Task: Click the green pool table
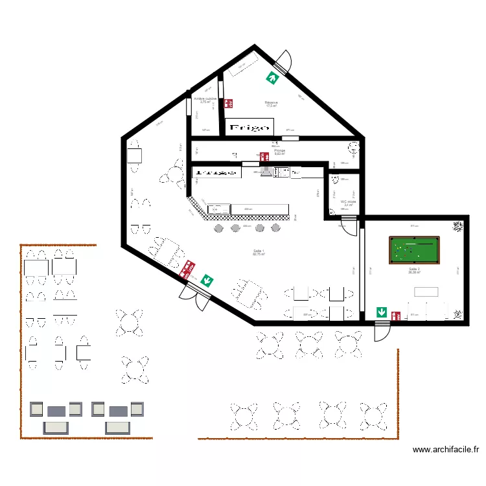(414, 250)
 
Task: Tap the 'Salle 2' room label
(414, 270)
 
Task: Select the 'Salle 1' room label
(259, 253)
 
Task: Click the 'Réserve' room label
(272, 104)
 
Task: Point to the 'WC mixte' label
(348, 203)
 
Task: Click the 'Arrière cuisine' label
(205, 100)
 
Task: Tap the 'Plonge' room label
(280, 152)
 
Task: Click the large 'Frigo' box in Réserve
(250, 127)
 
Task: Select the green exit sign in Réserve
(272, 78)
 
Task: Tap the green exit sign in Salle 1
(207, 280)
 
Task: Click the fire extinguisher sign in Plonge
(264, 156)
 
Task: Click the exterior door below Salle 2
(382, 329)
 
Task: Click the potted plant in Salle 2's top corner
(458, 226)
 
